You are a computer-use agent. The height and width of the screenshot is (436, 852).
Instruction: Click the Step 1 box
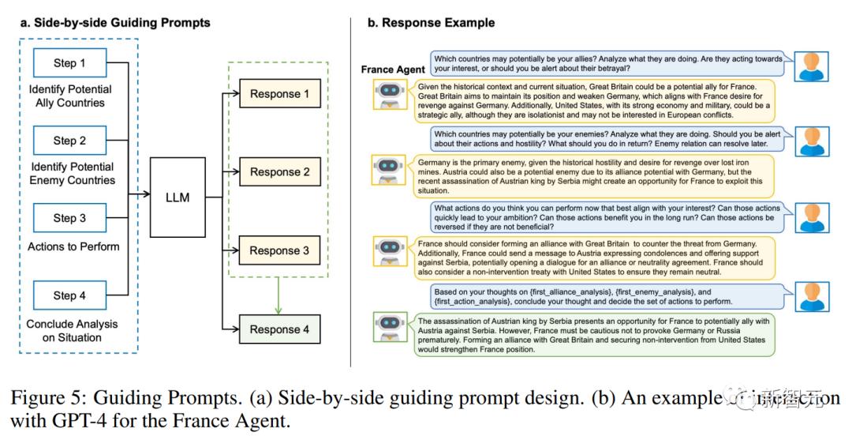coord(69,63)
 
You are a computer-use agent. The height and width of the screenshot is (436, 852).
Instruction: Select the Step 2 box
coord(69,141)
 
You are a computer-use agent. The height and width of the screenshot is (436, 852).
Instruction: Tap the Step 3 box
coord(69,218)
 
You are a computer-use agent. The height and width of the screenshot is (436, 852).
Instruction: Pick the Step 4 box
coord(69,295)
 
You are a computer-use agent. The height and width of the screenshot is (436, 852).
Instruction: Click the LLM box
coord(177,197)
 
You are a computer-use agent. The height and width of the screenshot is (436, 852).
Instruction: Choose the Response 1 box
coord(280,94)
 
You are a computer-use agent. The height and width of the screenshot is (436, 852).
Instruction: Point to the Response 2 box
coord(280,172)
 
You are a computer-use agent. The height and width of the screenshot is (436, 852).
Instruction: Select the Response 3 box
coord(280,250)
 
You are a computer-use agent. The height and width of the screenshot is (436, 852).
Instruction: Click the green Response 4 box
coord(280,329)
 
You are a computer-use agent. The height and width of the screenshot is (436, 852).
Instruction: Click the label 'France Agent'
coord(393,70)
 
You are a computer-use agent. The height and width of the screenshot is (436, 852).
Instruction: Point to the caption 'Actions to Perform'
coord(73,246)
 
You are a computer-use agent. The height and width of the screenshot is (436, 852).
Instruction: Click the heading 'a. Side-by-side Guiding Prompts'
coord(114,23)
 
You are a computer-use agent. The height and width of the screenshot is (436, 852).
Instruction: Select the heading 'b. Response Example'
coord(431,23)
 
